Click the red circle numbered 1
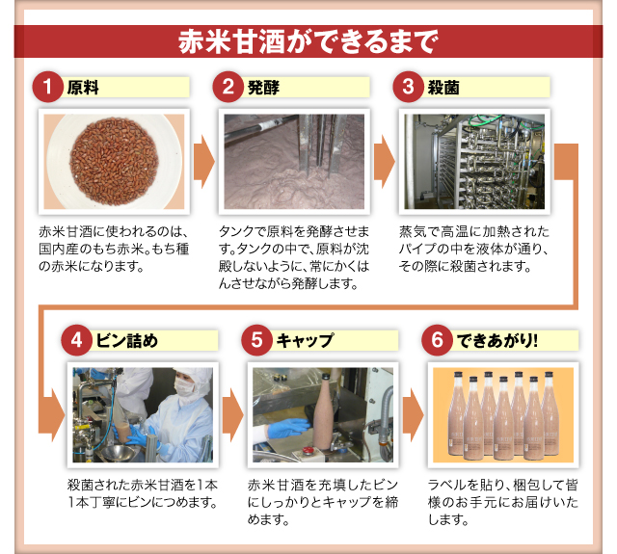(47, 87)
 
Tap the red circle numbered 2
(228, 87)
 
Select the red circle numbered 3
(408, 87)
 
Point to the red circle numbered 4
(76, 340)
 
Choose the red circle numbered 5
(256, 340)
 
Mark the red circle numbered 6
(437, 340)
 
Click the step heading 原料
(83, 88)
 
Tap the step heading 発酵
(263, 88)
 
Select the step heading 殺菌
(443, 88)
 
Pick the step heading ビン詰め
(126, 340)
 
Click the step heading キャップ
(305, 340)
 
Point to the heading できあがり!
(497, 340)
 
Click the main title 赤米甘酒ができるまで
(308, 41)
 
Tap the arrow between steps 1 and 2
(203, 162)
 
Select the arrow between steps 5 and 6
(414, 415)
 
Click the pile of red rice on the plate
(114, 161)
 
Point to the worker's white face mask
(185, 386)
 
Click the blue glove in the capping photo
(288, 428)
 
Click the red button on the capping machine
(307, 450)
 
